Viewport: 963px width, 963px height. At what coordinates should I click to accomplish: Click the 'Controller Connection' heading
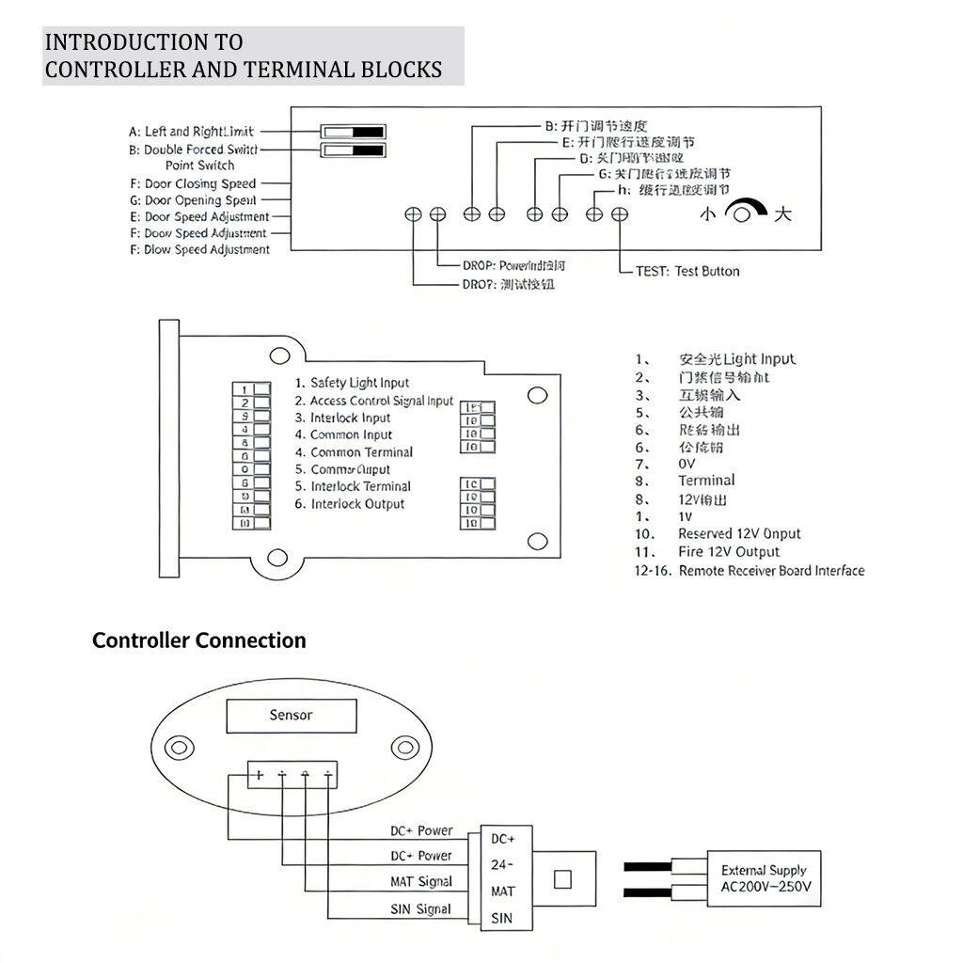[198, 640]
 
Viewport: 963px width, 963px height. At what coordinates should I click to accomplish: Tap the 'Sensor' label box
[291, 716]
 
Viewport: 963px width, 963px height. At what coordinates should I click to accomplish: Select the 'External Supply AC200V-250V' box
[764, 878]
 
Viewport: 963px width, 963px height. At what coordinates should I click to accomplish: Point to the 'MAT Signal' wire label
[421, 882]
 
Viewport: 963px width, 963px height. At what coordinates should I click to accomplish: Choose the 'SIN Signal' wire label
[420, 909]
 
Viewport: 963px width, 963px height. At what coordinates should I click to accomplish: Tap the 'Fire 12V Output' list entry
[729, 552]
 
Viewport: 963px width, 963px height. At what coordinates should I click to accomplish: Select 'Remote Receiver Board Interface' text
[771, 570]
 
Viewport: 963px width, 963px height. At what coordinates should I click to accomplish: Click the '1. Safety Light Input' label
[352, 383]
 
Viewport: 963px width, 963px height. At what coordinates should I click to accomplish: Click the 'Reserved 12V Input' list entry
[739, 534]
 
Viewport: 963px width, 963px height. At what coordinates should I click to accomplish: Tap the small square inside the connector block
[562, 880]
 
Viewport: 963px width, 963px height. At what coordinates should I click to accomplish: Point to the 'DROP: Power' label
[513, 266]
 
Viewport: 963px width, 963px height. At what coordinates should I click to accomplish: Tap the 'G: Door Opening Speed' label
[199, 200]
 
